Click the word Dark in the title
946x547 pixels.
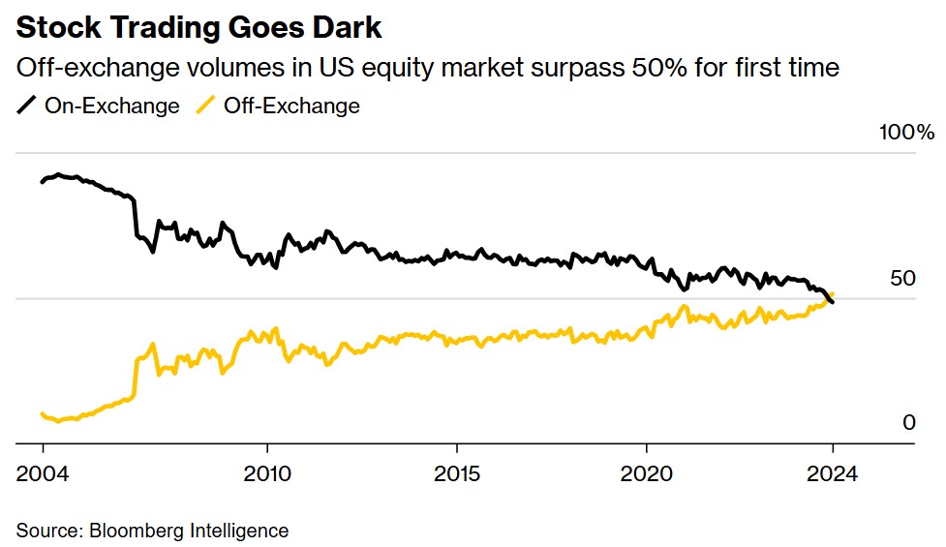(344, 28)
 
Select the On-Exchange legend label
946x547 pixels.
(111, 106)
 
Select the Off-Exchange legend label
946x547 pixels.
(291, 106)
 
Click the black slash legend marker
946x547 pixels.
(27, 106)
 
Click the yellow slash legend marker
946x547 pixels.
(206, 106)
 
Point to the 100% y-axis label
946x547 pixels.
(906, 132)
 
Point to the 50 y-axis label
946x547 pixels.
(901, 279)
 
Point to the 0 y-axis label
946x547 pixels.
(908, 423)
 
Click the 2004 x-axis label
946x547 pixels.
(43, 474)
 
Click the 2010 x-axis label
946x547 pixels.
(265, 474)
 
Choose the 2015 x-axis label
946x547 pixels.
(455, 474)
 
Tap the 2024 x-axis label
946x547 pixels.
(832, 474)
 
